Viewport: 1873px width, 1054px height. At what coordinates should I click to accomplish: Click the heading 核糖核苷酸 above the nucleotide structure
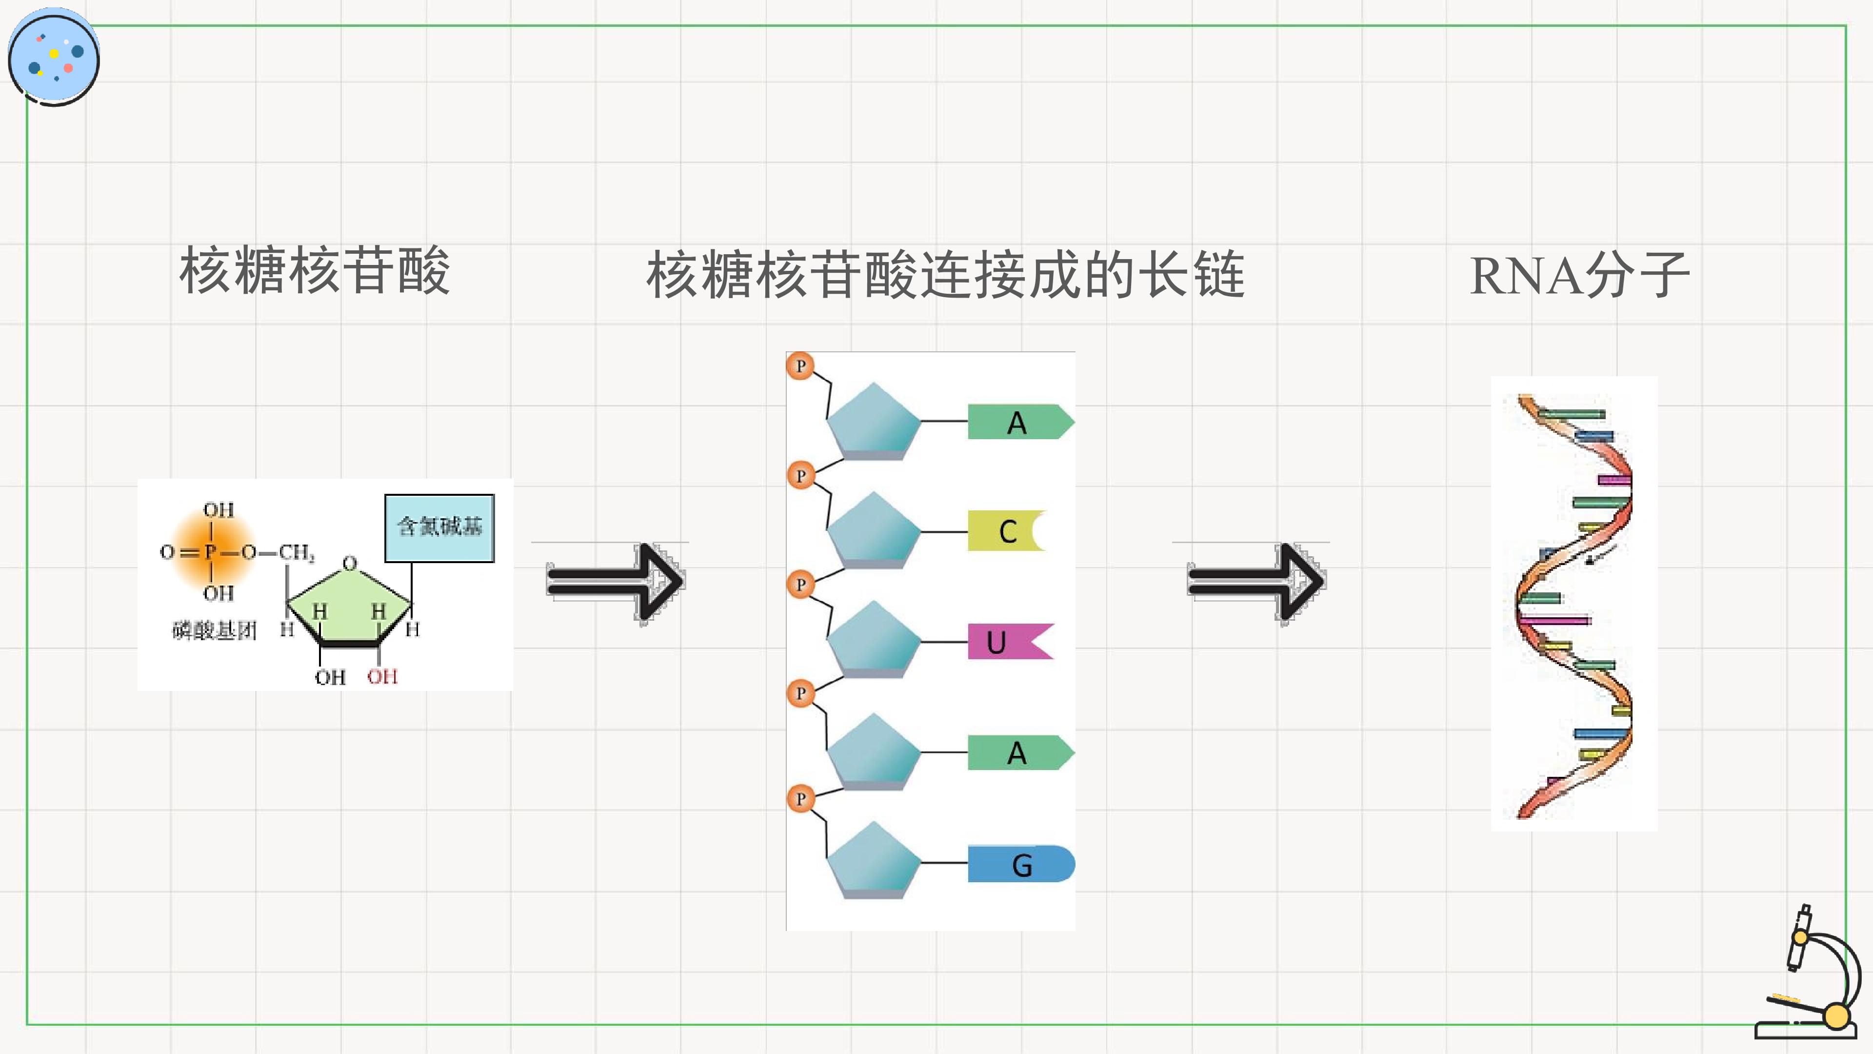315,271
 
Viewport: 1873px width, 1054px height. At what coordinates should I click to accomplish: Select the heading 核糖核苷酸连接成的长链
945,275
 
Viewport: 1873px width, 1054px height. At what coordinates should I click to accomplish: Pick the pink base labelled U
1009,642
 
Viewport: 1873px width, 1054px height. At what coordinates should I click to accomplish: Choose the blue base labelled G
1021,864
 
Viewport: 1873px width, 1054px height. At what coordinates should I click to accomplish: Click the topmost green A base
1020,422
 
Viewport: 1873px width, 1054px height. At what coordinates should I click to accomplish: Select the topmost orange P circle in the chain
800,366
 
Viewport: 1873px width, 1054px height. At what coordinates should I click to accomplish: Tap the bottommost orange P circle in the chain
800,799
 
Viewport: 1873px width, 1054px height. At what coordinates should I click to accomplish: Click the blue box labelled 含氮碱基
439,528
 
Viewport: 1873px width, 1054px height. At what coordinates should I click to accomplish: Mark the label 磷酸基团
215,630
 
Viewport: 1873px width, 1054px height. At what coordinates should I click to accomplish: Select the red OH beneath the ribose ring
382,676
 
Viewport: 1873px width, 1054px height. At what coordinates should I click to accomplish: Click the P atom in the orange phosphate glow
210,552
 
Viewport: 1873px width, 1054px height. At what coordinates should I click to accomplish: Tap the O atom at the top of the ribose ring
350,564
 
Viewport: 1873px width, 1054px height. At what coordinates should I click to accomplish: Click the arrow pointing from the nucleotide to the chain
615,583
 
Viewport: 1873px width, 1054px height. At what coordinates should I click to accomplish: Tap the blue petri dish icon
54,57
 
